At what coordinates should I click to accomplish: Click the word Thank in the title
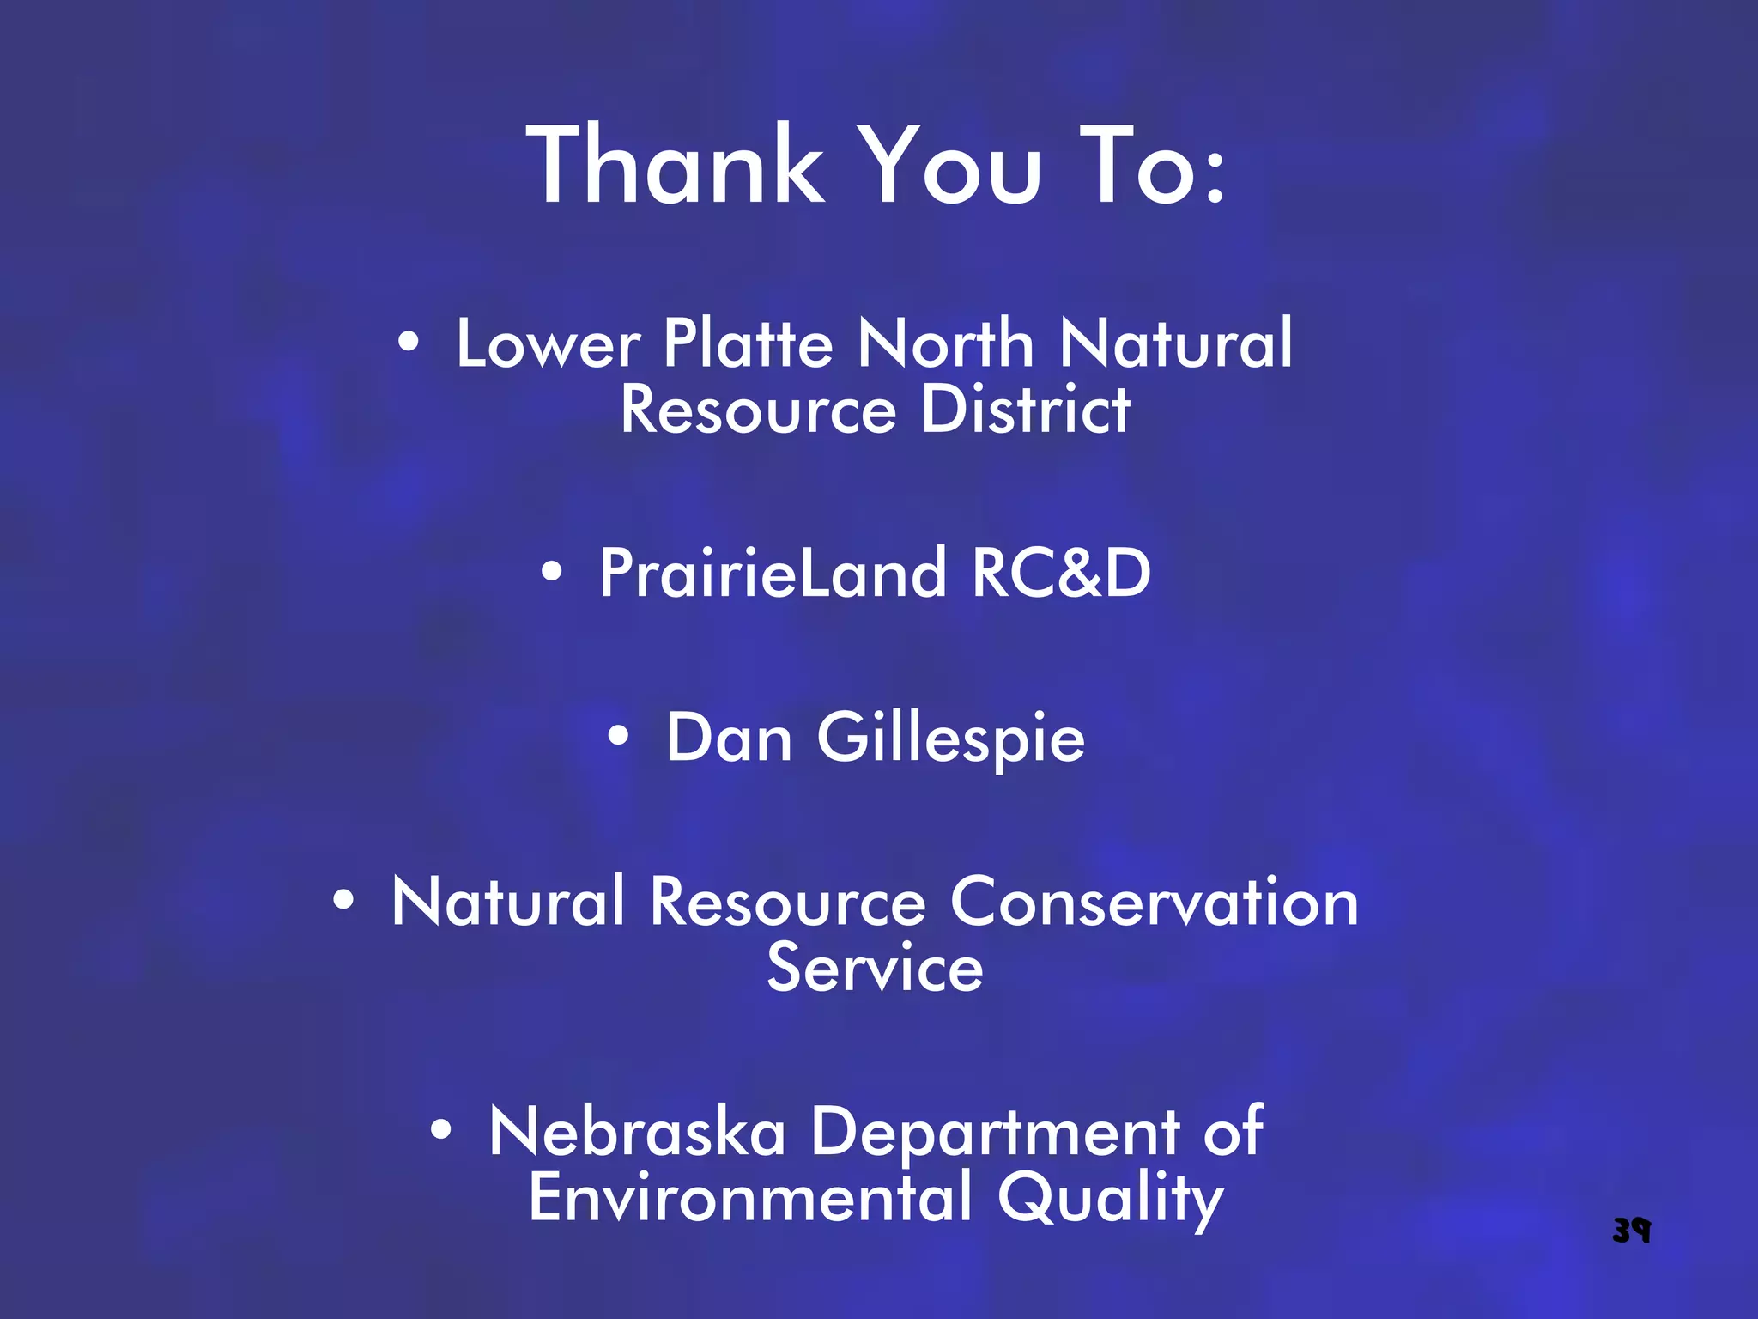676,165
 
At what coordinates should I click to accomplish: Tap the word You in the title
950,165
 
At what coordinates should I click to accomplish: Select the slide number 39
1631,1230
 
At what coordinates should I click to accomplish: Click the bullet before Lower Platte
409,343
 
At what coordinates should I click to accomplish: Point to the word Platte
748,343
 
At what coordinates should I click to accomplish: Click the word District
1026,410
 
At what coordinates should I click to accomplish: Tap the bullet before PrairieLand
552,571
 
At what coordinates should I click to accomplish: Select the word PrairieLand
772,573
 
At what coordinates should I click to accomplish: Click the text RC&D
1061,573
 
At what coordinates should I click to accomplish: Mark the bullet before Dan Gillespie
618,736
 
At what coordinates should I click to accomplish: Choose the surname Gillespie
951,739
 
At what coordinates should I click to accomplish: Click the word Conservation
1155,903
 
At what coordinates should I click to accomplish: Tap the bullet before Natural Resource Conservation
343,900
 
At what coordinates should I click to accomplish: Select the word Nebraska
637,1132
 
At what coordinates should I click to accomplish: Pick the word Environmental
750,1198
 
